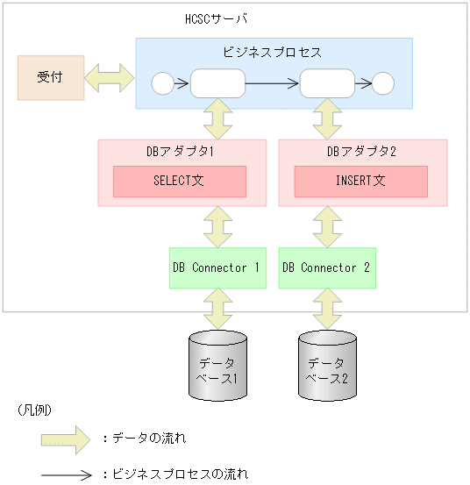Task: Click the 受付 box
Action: click(51, 77)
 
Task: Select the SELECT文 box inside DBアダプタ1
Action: click(179, 182)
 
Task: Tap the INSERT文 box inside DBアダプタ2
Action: click(360, 182)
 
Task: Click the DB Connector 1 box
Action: click(217, 268)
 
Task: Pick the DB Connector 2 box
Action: click(326, 268)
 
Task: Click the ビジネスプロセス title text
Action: click(273, 53)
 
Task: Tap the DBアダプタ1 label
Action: click(181, 152)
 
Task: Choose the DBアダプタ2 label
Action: click(362, 152)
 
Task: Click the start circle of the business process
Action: click(162, 84)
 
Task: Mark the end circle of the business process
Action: click(383, 84)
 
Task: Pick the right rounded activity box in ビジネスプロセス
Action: click(327, 84)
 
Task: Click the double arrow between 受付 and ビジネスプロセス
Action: click(110, 77)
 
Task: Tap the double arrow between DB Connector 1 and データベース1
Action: click(216, 310)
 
